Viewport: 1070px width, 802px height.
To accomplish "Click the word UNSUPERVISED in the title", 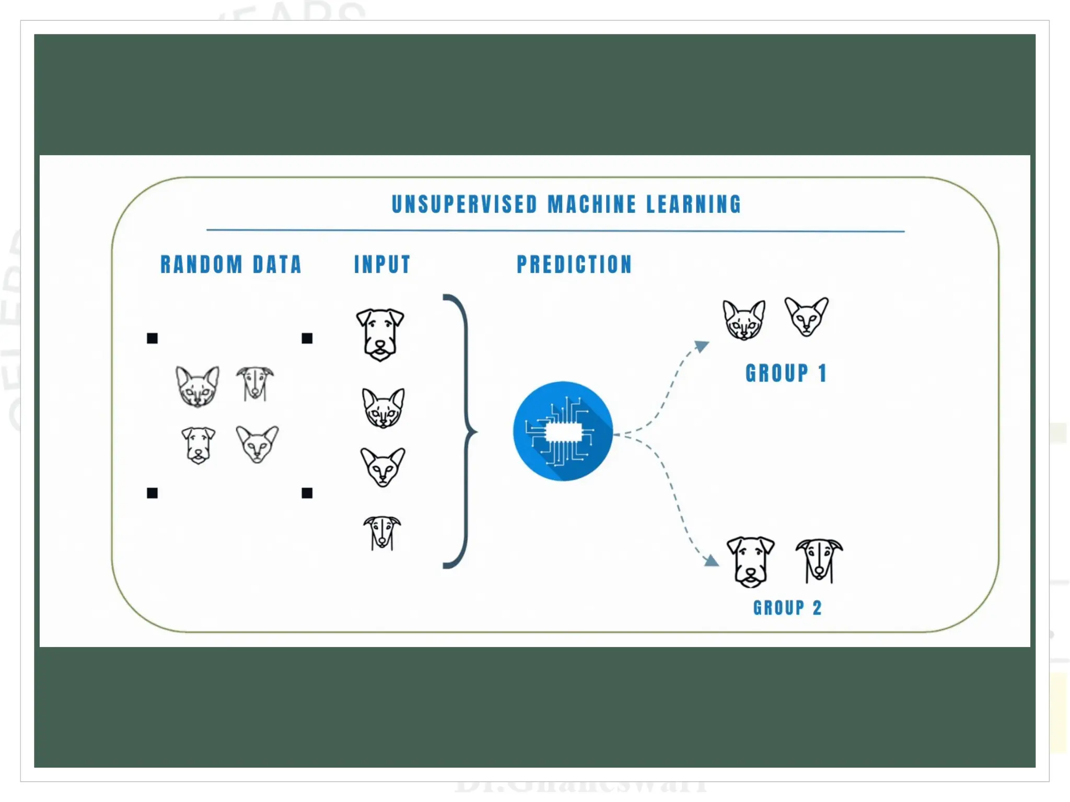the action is [464, 204].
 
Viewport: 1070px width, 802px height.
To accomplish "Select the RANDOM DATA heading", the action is [231, 264].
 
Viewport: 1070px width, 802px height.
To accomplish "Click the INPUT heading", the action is [382, 264].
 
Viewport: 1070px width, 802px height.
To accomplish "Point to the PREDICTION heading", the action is [574, 264].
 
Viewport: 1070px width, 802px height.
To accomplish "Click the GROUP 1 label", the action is [786, 373].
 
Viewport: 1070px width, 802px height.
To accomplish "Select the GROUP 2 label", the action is [787, 608].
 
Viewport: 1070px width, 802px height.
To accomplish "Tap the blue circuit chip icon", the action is [563, 431].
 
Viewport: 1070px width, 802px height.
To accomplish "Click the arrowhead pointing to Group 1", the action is [702, 346].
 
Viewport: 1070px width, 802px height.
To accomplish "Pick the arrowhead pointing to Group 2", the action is [711, 561].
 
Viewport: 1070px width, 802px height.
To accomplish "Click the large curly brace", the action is [460, 431].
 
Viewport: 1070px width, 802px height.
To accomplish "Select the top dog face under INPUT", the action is [380, 334].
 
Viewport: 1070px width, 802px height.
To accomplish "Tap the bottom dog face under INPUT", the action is [382, 533].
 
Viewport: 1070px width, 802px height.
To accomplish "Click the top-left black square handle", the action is [152, 338].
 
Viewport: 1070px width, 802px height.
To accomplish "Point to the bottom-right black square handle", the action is [307, 493].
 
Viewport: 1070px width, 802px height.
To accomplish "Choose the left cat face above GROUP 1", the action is [744, 320].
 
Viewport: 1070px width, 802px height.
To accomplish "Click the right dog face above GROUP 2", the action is [819, 561].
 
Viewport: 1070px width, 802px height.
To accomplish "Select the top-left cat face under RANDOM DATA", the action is [197, 386].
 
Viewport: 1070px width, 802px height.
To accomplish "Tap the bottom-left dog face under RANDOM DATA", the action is [198, 445].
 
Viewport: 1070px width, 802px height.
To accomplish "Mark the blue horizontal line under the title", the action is [555, 230].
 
